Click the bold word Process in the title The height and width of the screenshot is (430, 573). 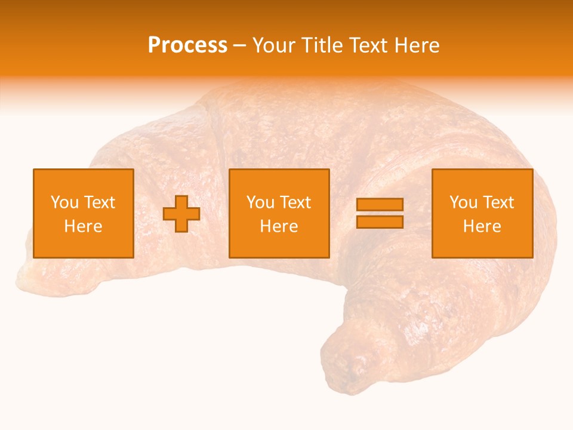tap(187, 45)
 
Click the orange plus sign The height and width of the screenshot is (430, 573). tap(181, 214)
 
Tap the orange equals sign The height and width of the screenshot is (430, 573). tap(380, 213)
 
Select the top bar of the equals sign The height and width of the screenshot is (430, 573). tap(380, 205)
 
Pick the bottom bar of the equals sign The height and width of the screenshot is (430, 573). tap(380, 222)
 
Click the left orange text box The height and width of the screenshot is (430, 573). tap(83, 213)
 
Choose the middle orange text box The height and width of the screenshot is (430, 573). tap(279, 213)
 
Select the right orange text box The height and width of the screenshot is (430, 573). tap(482, 213)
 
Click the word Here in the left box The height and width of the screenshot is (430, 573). tap(83, 226)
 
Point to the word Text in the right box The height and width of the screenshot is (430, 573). tap(499, 202)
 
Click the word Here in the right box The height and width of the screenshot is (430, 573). tap(482, 226)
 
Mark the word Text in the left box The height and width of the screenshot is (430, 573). tap(100, 202)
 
